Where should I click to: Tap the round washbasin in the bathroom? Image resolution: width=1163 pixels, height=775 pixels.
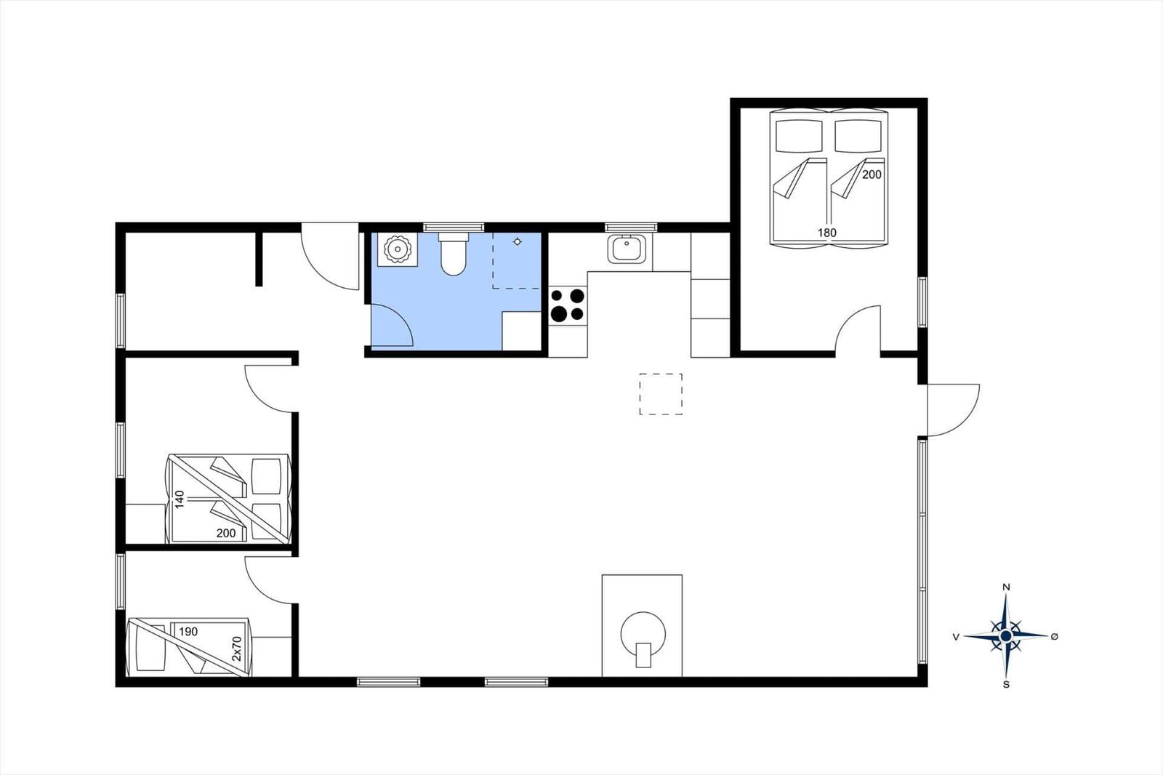tap(398, 249)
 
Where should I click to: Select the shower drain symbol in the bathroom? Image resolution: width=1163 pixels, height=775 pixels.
tap(517, 241)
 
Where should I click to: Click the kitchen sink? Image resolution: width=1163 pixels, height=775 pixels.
tap(627, 249)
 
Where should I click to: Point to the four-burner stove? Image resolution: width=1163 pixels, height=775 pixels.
tap(568, 305)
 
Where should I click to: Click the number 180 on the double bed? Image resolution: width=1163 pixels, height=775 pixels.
tap(827, 233)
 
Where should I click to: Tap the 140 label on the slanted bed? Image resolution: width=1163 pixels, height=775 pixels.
tap(180, 499)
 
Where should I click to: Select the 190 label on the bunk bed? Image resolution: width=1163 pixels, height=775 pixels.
tap(188, 632)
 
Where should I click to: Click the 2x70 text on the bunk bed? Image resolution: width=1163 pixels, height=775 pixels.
tap(237, 648)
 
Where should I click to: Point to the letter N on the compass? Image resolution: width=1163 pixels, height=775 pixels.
tap(1006, 587)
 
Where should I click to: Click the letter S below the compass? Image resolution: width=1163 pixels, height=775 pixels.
tap(1006, 685)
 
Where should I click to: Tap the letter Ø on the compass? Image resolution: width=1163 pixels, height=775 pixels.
tap(1055, 637)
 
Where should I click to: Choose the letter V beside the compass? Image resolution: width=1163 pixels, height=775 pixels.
tap(956, 637)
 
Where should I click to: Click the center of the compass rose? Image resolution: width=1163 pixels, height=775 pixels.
tap(1006, 636)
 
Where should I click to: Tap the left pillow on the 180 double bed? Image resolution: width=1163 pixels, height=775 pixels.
tap(799, 136)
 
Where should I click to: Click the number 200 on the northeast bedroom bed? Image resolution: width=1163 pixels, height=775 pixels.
tap(872, 174)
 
